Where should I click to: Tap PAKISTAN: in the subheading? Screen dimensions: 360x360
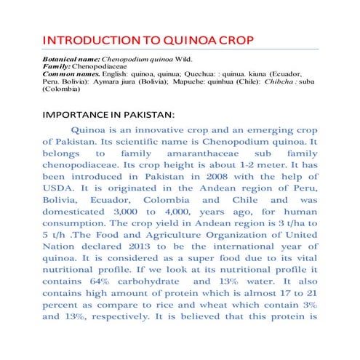149,115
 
